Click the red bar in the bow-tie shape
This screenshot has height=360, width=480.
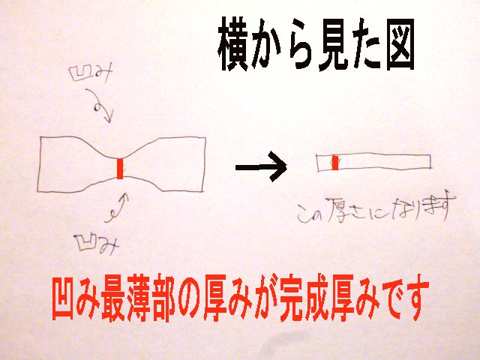tap(120, 168)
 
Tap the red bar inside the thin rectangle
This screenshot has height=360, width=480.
tap(335, 163)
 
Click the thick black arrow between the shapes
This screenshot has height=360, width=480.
tap(261, 167)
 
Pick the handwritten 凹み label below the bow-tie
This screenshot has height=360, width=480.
tap(97, 244)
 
